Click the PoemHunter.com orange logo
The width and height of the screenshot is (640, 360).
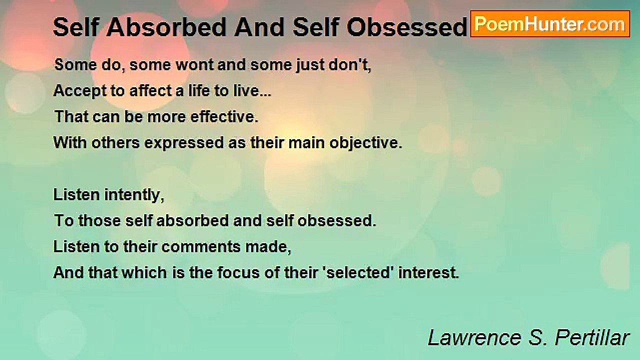tap(550, 23)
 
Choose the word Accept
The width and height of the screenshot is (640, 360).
tap(77, 91)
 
